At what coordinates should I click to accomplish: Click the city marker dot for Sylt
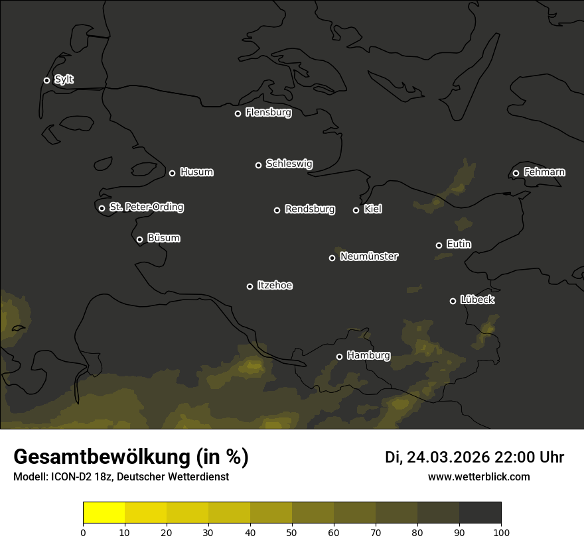tap(46, 80)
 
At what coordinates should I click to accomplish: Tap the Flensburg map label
tap(268, 113)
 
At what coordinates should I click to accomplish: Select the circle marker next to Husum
tap(172, 173)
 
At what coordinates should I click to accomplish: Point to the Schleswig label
tap(289, 164)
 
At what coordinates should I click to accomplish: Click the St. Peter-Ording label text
tap(146, 207)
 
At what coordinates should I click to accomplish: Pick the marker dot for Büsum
tap(139, 240)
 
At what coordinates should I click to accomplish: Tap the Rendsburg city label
tap(309, 209)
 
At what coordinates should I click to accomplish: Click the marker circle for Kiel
tap(356, 210)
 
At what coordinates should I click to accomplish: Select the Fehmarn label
tap(544, 172)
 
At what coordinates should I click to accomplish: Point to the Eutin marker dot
tap(439, 245)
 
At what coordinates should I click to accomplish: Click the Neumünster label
tap(369, 256)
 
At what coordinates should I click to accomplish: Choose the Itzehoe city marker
tap(250, 286)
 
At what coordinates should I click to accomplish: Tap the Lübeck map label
tap(477, 300)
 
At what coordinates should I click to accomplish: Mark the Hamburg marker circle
tap(339, 357)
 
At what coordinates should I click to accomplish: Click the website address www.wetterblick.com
tap(478, 476)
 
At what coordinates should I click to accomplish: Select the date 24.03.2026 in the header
tap(448, 457)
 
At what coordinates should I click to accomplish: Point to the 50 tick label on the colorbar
tap(292, 532)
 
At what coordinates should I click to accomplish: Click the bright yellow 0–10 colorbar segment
tap(104, 513)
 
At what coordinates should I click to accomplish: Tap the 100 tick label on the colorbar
tap(501, 532)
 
